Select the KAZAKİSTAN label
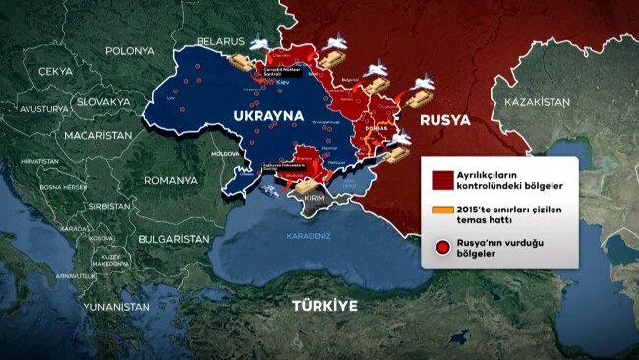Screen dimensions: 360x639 click(537, 103)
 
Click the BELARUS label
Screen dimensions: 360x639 click(218, 41)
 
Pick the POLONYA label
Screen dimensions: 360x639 click(130, 50)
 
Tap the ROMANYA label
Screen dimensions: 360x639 click(170, 181)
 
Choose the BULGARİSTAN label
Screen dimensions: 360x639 click(173, 239)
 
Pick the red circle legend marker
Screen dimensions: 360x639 click(442, 247)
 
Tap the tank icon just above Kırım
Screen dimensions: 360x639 click(306, 184)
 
